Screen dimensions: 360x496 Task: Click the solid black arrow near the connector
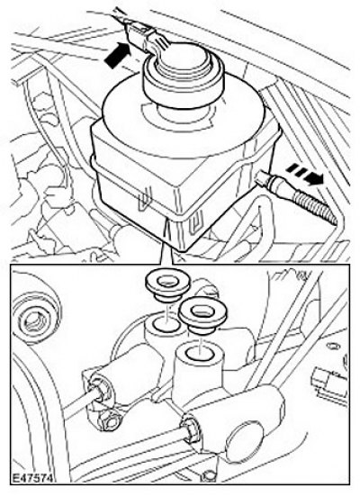tap(118, 55)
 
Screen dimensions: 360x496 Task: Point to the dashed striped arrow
tap(305, 175)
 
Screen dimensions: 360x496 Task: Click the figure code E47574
tap(32, 478)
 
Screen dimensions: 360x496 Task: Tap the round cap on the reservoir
tap(184, 76)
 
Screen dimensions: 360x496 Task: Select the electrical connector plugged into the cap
tap(141, 35)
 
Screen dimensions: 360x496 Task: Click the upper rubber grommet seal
tap(165, 287)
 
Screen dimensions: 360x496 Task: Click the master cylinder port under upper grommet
tap(165, 327)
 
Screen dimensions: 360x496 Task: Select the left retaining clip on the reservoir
tap(145, 199)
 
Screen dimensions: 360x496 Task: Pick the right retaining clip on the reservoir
tap(193, 223)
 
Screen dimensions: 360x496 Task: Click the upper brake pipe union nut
tap(101, 388)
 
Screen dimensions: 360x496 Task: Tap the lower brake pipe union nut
tap(191, 429)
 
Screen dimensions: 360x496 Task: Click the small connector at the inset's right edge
tap(329, 384)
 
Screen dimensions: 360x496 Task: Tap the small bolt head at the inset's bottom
tap(208, 475)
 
